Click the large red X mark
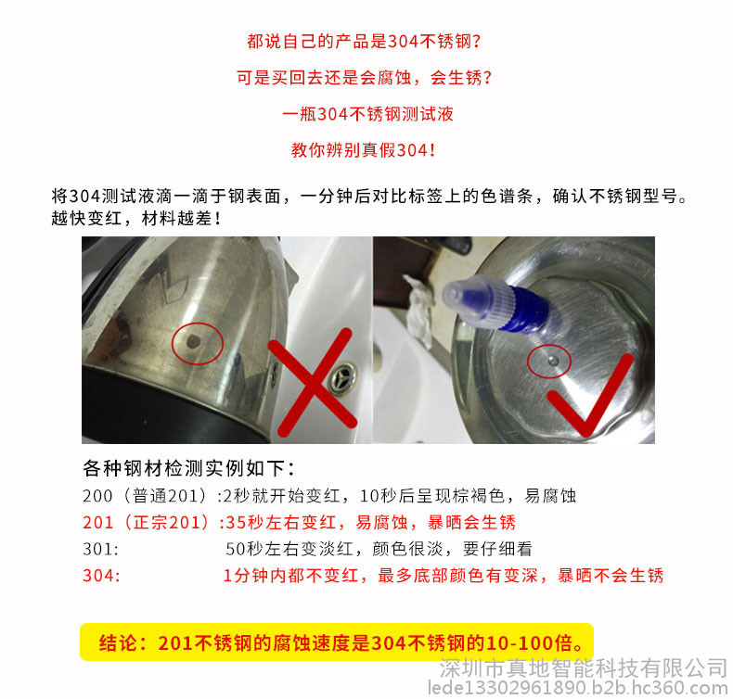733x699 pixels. point(313,383)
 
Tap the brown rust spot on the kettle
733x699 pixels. point(193,342)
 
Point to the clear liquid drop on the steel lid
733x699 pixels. point(553,360)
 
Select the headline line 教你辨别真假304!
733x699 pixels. point(363,150)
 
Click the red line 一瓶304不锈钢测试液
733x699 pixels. point(367,114)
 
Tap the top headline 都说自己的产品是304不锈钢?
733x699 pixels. point(364,42)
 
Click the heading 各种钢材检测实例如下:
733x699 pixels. point(189,468)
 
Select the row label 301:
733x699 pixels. point(100,549)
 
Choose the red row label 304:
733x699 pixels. point(101,576)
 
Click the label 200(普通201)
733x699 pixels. point(145,495)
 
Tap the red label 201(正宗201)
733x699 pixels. point(146,522)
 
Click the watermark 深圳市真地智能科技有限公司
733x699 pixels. point(584,667)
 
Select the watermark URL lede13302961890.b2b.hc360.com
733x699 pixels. point(578,688)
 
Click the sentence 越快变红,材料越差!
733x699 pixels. point(136,218)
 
